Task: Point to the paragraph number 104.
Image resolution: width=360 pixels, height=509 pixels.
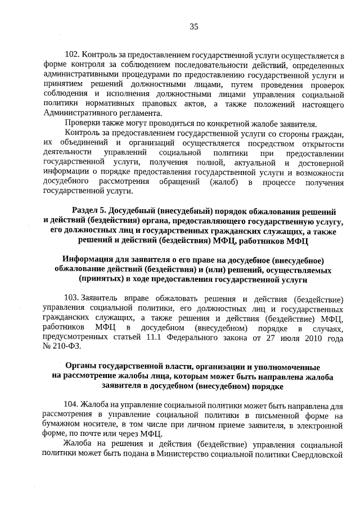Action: [73, 404]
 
